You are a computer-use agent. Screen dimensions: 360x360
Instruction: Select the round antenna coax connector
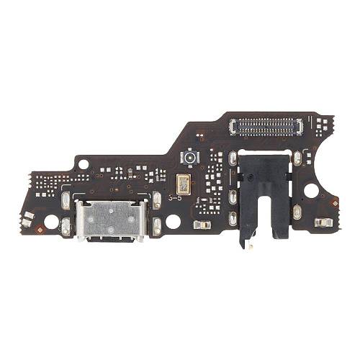tap(190, 156)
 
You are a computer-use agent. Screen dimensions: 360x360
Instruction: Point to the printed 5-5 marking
tap(174, 197)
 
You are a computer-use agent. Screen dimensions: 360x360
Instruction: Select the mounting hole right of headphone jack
tap(311, 190)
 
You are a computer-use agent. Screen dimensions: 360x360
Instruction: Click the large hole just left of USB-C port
tap(52, 220)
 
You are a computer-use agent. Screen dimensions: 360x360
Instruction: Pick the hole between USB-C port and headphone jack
tap(173, 221)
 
